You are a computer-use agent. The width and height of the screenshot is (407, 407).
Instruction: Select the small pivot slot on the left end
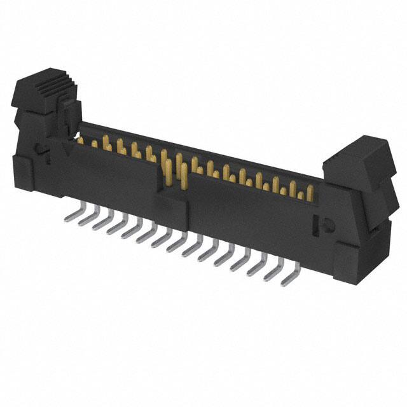41,151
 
